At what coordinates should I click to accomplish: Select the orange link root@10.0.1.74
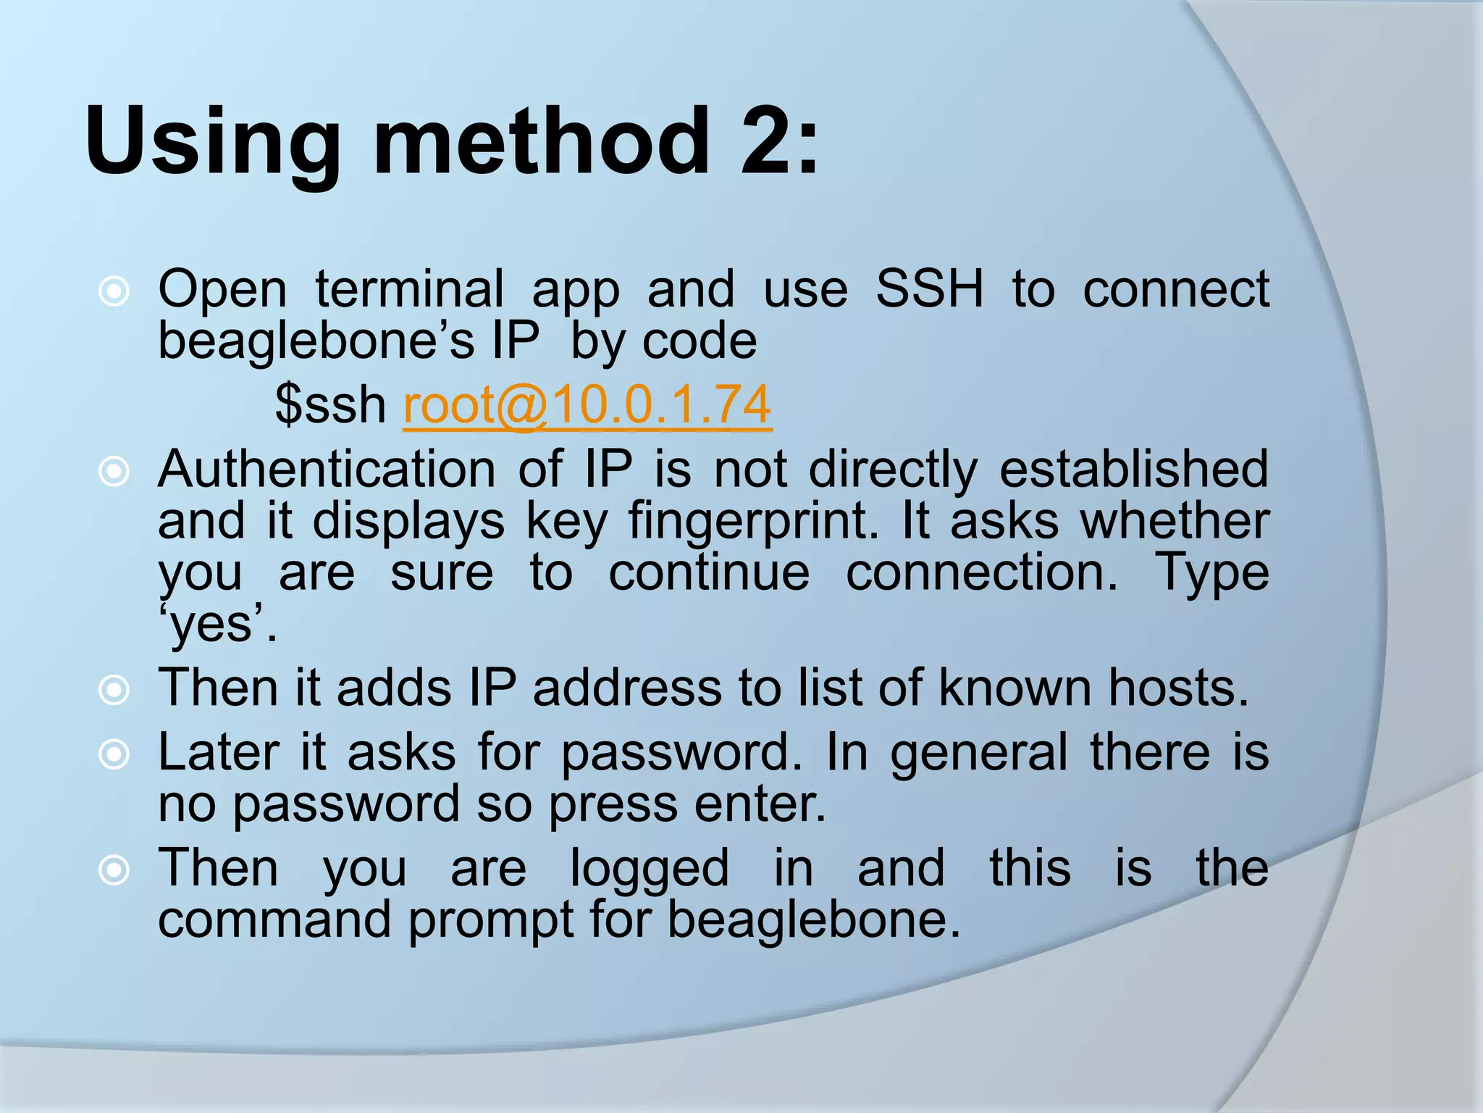point(587,405)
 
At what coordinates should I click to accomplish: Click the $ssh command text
point(330,405)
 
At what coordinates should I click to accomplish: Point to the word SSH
point(930,289)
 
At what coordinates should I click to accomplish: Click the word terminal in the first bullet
point(409,289)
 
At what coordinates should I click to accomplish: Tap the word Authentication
point(327,470)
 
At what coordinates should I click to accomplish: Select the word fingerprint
point(753,522)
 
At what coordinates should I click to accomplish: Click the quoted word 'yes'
point(217,625)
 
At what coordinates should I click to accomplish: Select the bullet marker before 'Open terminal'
point(114,292)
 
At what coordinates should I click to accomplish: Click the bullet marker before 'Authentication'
point(114,472)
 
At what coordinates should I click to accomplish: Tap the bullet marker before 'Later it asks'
point(114,755)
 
